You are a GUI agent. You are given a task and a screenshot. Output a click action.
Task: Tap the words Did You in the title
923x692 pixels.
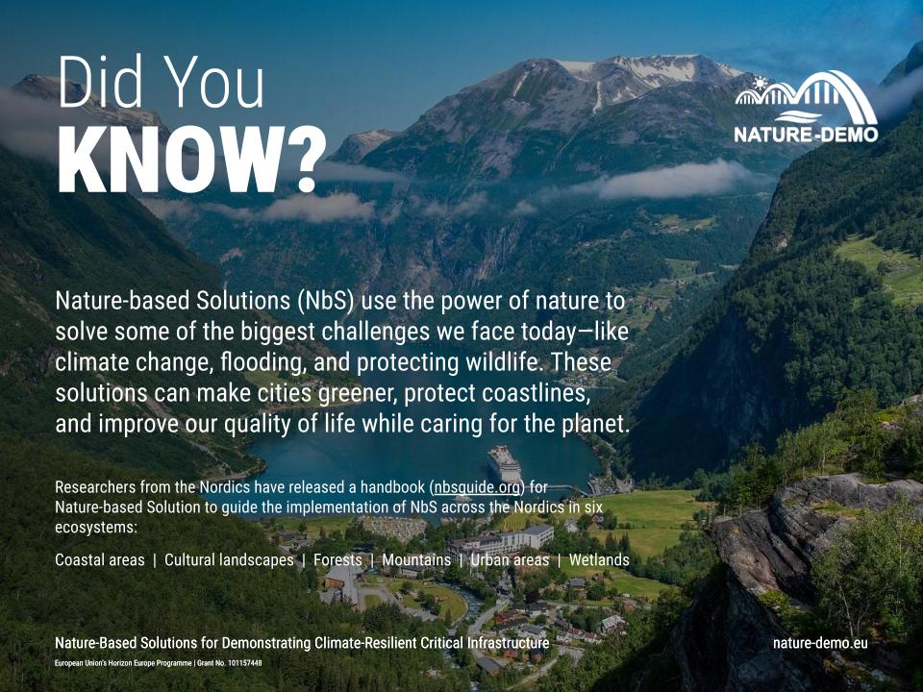[x=161, y=86]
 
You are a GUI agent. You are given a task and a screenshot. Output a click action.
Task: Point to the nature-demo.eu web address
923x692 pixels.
[x=819, y=642]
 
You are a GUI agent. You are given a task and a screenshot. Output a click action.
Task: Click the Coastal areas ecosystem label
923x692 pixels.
[x=100, y=559]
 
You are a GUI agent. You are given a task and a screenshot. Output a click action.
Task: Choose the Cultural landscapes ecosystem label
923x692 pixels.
[x=229, y=559]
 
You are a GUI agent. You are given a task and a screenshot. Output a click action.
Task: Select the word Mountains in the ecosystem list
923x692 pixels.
[x=416, y=559]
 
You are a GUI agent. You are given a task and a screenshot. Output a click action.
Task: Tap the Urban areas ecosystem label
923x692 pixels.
[x=510, y=559]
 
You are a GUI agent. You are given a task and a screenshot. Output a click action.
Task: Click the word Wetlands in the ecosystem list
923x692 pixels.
[x=599, y=559]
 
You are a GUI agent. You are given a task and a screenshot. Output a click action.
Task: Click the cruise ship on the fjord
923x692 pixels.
[x=504, y=462]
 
